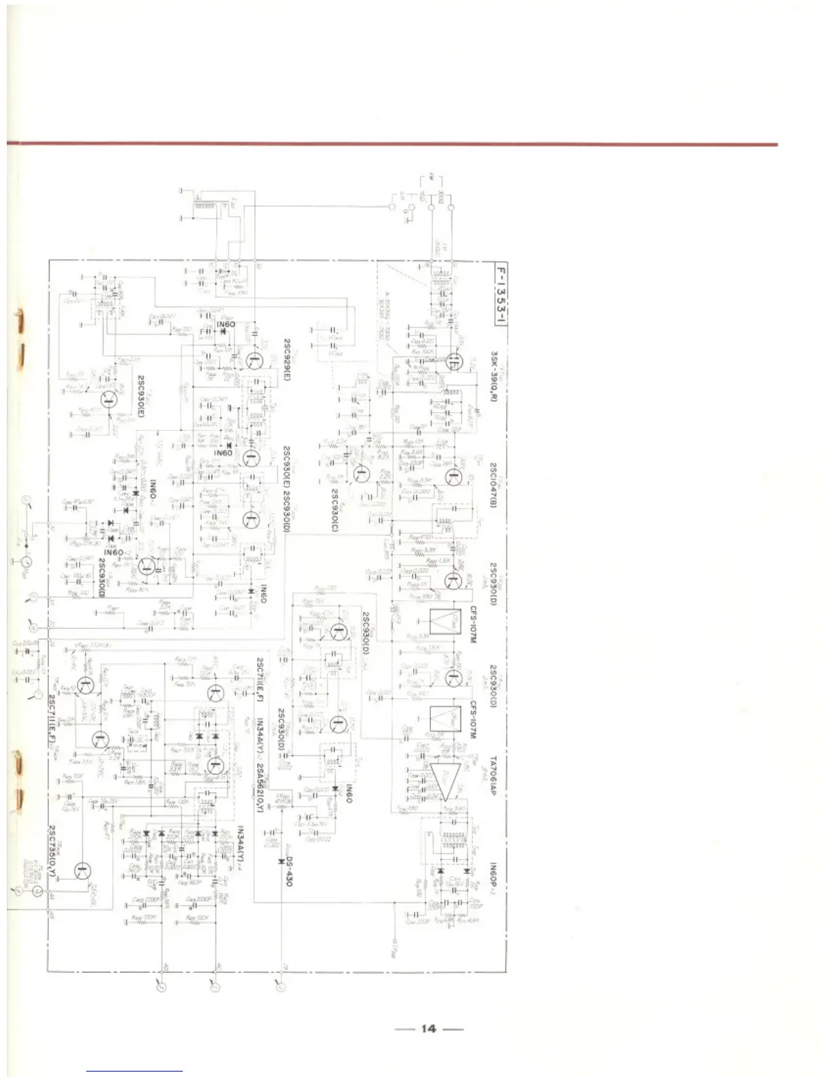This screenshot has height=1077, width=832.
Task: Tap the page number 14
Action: pos(428,1028)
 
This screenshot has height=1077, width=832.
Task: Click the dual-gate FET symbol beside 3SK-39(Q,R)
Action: pos(454,360)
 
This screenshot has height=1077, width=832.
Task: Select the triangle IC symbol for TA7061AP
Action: pos(445,780)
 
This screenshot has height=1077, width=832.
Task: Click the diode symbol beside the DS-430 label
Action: pos(281,861)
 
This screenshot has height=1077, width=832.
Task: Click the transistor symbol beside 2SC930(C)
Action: pos(362,474)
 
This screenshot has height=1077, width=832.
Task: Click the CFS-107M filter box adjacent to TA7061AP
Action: pos(446,719)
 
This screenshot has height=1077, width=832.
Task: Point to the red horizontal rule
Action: pos(392,144)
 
